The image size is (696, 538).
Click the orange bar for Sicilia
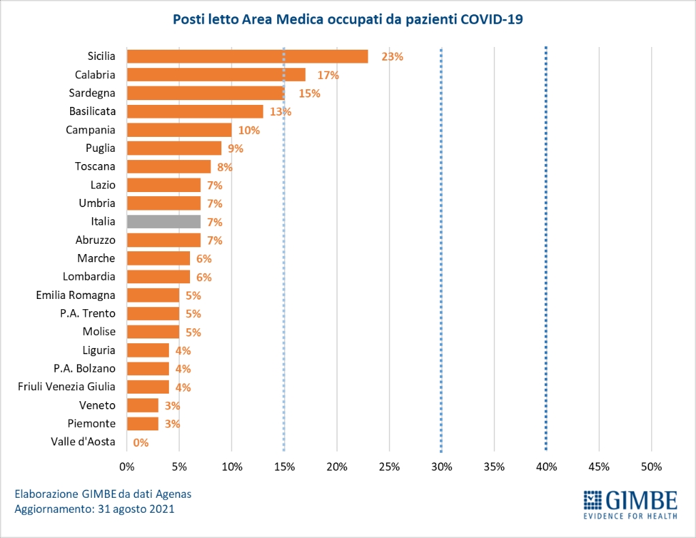click(x=247, y=57)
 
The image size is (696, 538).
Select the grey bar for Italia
click(x=163, y=221)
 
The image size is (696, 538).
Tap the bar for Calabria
click(x=216, y=75)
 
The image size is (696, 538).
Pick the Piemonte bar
click(x=142, y=424)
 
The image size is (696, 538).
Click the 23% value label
click(x=392, y=57)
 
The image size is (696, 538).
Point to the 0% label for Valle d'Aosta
click(x=141, y=443)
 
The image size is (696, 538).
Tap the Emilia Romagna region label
click(x=76, y=295)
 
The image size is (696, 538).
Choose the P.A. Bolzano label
click(x=84, y=368)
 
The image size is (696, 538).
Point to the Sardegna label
click(x=92, y=93)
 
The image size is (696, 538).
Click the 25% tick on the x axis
click(x=389, y=466)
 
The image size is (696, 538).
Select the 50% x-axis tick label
click(x=651, y=466)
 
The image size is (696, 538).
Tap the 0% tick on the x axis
click(x=127, y=466)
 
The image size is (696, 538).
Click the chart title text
click(x=347, y=20)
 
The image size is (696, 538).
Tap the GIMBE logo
click(x=630, y=505)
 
